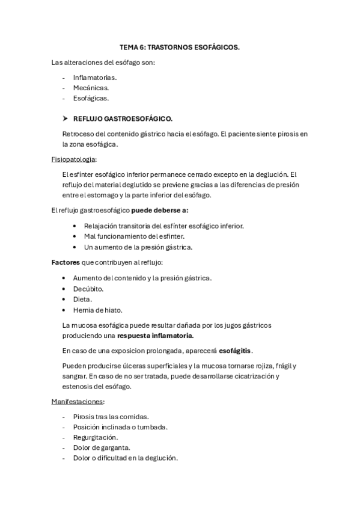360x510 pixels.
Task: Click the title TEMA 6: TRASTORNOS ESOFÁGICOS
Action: pos(180,48)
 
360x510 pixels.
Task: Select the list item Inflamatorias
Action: pos(95,78)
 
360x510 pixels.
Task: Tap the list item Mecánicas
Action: pos(91,88)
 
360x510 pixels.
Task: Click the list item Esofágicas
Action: pos(91,98)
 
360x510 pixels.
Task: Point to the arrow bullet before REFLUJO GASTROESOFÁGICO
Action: pos(66,118)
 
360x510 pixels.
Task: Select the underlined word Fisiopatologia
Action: pos(73,159)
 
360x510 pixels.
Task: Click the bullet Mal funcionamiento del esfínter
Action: pos(134,236)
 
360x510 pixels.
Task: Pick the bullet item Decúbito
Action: pos(88,289)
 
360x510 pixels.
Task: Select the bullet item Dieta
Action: pos(82,299)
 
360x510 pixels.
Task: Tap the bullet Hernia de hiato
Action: pos(97,310)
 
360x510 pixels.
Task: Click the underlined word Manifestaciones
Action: pos(78,401)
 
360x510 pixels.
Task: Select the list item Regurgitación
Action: pos(96,437)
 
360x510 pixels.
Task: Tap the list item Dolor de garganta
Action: pos(101,447)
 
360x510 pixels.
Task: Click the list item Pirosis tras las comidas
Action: pos(111,417)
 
